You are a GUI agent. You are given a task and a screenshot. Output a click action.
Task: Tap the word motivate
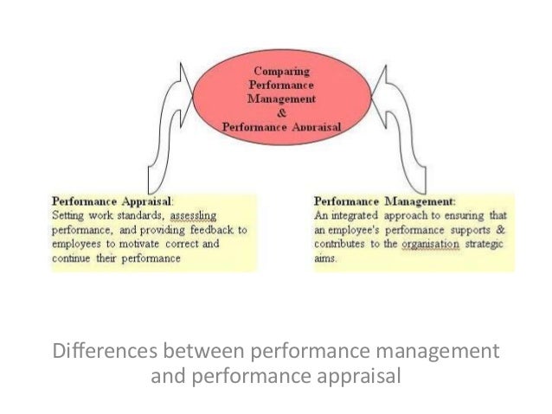coord(138,245)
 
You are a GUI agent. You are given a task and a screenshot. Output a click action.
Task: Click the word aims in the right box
coord(326,258)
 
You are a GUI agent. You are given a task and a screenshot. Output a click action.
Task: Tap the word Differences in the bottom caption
coord(103,353)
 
